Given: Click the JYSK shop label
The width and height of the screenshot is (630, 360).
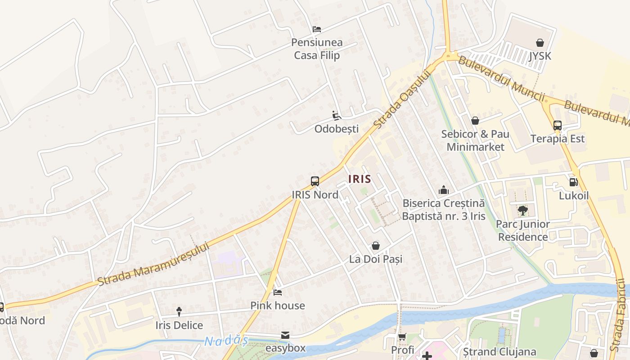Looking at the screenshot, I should tap(540, 56).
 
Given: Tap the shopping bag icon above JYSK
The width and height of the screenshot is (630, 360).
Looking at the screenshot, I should tap(540, 43).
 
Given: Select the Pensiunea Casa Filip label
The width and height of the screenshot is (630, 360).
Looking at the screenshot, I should tap(317, 49).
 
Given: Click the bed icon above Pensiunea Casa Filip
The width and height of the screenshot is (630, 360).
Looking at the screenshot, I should tap(317, 29).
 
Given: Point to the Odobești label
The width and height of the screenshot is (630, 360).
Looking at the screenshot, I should tap(337, 129).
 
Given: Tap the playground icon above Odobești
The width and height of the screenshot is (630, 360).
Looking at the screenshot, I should tap(337, 116).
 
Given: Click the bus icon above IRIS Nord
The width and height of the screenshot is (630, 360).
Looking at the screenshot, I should tap(315, 181).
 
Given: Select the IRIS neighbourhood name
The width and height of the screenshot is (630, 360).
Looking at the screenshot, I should tap(360, 179).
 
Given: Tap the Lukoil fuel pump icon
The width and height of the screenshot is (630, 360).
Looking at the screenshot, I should tap(574, 182).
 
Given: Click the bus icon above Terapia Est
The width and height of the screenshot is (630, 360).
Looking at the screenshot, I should tap(558, 126).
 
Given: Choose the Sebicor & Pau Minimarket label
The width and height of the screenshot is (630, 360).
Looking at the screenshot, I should tap(475, 140).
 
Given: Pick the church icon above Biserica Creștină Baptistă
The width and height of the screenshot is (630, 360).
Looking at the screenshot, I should tap(444, 190).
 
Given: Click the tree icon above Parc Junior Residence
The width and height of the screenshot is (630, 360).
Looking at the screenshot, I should tap(523, 210).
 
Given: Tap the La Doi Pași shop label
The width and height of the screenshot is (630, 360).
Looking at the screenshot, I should tap(376, 259).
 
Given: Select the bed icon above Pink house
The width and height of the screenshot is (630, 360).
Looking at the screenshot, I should tap(278, 292).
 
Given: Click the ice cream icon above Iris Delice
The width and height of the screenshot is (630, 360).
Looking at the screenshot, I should tap(179, 311).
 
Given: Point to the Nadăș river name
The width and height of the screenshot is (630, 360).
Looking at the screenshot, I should tap(226, 341).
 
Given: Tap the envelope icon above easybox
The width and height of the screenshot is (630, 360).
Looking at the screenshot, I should tap(285, 335).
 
